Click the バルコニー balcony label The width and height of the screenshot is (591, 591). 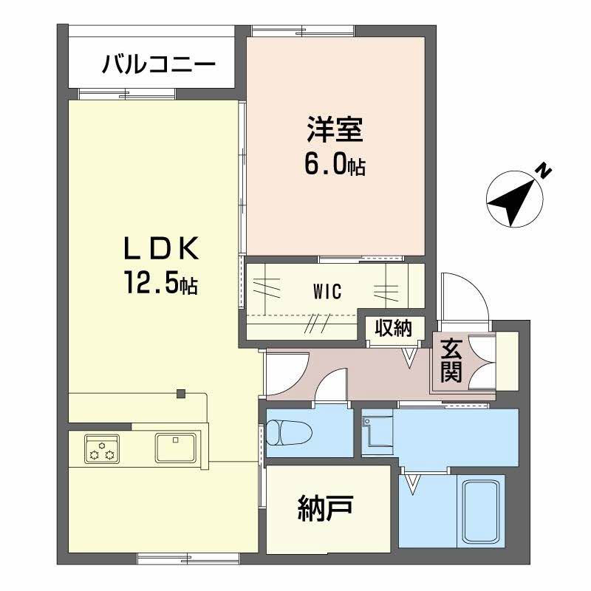159,64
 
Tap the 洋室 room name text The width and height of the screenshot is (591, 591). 335,129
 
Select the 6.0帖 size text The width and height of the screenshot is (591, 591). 335,165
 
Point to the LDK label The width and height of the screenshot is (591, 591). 161,249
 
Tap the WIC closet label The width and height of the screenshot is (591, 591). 327,291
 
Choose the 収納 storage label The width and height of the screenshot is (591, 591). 393,328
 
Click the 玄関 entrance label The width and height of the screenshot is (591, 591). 451,361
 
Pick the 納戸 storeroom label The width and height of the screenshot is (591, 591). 325,508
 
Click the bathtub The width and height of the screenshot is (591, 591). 481,512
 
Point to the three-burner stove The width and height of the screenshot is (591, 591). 102,448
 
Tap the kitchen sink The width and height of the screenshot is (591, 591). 175,448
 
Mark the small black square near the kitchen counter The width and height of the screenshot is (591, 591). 181,394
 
